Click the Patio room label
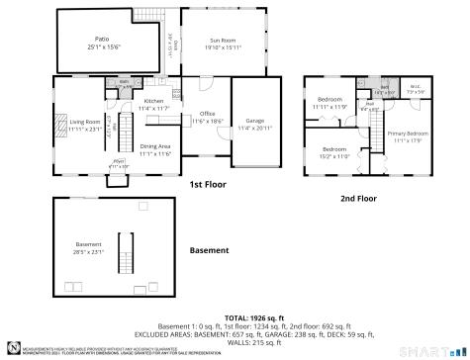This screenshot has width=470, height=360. pos(103,43)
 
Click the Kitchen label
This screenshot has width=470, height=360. pos(154,103)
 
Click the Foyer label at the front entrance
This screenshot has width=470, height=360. pos(118,162)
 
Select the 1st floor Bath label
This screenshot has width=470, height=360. pos(125,85)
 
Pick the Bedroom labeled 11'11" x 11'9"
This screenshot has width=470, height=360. pos(330,103)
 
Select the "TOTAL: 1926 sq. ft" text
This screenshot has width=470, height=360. pos(235,315)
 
